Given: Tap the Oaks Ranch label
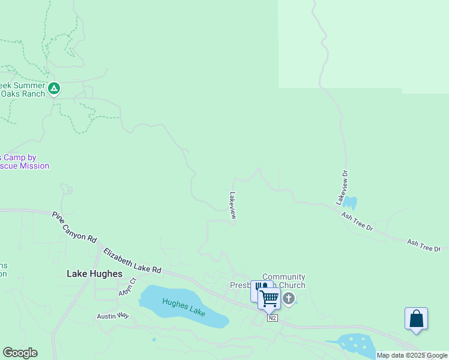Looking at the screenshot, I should click(23, 94).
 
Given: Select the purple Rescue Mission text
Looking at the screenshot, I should click(25, 166).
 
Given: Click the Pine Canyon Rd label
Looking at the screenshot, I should click(74, 226).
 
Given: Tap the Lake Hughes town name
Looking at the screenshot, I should click(94, 274).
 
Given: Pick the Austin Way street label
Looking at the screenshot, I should click(113, 316).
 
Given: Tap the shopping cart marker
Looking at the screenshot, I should click(270, 298).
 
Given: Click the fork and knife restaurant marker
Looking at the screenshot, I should click(259, 288).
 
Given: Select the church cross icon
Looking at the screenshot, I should click(289, 298).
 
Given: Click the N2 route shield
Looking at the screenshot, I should click(273, 317).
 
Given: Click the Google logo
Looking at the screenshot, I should click(20, 353).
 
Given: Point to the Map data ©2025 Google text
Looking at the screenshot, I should click(412, 355).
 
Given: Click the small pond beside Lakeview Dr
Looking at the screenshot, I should click(349, 203).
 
